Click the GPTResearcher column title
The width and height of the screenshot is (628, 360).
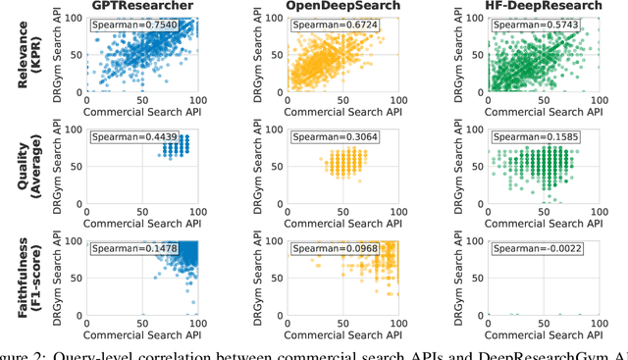coord(142,7)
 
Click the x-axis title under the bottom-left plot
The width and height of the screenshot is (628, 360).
coord(142,336)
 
